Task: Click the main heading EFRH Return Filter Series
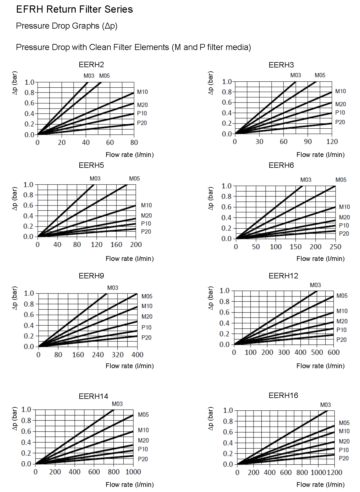(x=74, y=9)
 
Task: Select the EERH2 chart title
(x=91, y=64)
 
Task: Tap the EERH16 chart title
(x=283, y=395)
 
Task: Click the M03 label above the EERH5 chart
(x=95, y=178)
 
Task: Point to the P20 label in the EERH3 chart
(x=340, y=122)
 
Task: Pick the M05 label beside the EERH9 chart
(x=147, y=296)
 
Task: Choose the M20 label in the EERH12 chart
(x=342, y=321)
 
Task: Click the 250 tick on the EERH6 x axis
(x=335, y=247)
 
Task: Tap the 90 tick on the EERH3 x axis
(x=308, y=142)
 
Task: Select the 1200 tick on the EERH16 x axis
(x=334, y=472)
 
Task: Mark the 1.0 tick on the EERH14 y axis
(x=26, y=409)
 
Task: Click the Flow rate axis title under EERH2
(x=130, y=155)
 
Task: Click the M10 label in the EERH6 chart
(x=344, y=207)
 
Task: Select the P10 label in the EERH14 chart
(x=143, y=449)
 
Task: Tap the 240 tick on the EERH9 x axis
(x=98, y=355)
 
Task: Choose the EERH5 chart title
(x=91, y=165)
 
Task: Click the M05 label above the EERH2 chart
(x=104, y=76)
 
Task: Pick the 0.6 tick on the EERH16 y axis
(x=228, y=432)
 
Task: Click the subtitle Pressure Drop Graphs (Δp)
(x=67, y=26)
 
